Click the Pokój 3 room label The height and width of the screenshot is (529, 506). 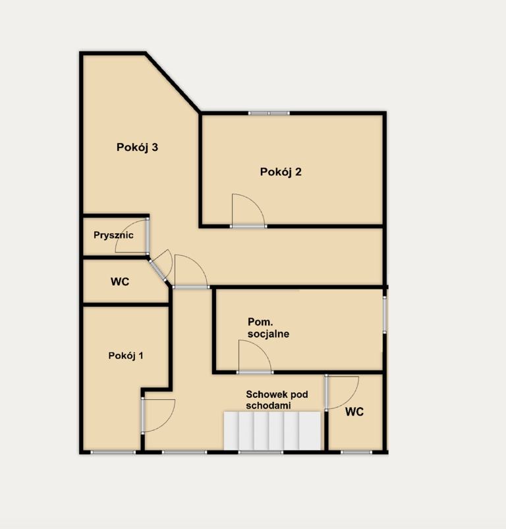click(137, 148)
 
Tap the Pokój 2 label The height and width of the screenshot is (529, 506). click(281, 172)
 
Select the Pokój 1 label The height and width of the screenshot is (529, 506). click(126, 356)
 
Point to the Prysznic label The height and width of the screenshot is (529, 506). click(113, 235)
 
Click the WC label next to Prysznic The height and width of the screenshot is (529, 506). click(120, 282)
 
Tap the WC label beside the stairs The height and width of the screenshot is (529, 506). click(354, 412)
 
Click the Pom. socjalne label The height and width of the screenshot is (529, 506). click(268, 328)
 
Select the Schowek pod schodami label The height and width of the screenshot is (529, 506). click(277, 400)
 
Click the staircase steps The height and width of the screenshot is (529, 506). click(272, 431)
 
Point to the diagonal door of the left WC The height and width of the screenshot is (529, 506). click(161, 266)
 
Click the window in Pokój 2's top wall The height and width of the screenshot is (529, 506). click(269, 113)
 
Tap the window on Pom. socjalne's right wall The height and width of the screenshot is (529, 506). click(385, 315)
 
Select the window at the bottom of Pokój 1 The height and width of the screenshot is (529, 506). click(113, 452)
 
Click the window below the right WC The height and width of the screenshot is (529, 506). click(356, 452)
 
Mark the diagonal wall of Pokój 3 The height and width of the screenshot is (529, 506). click(173, 82)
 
